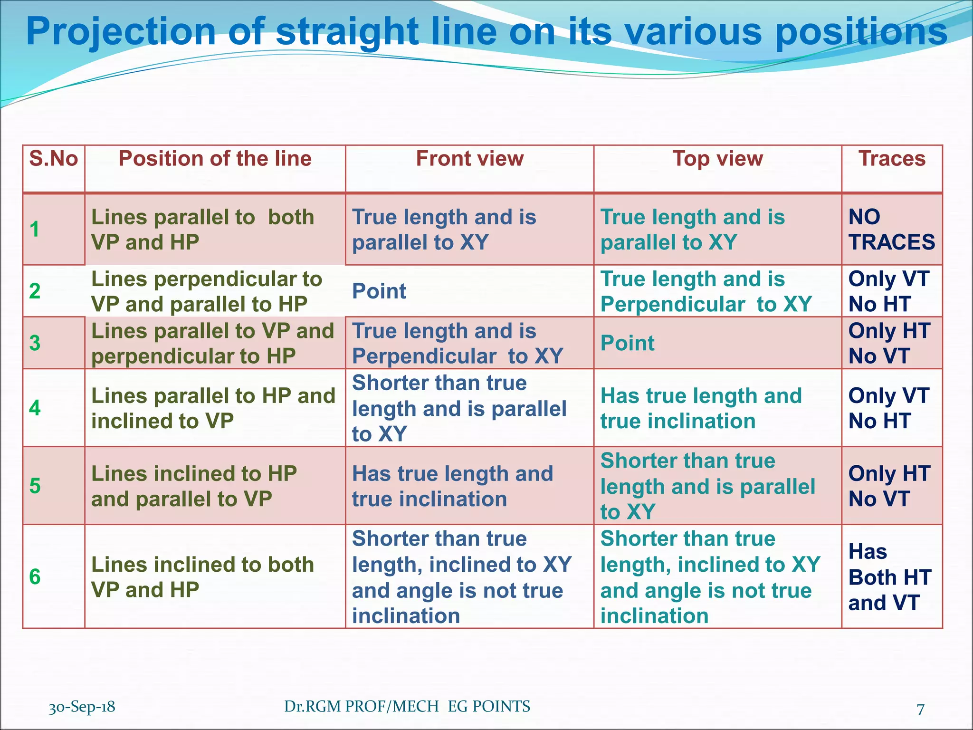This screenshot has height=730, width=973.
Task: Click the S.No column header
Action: (53, 159)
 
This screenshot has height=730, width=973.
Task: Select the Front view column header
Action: (469, 159)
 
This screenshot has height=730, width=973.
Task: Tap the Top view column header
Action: (717, 159)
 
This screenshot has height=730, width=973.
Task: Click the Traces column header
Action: (892, 159)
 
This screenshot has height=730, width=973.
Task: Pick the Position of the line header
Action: (215, 159)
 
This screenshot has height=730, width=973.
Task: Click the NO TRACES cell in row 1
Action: (891, 230)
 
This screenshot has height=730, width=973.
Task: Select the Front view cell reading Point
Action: (379, 291)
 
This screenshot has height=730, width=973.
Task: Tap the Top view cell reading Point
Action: (627, 343)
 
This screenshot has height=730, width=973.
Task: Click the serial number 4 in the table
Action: (35, 408)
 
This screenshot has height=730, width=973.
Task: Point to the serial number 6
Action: (35, 577)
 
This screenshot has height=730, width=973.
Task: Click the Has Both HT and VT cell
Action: (889, 577)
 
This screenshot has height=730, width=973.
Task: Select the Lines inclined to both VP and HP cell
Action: (202, 577)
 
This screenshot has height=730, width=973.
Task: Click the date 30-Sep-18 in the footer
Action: (82, 707)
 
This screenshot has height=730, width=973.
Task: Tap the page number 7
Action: (920, 709)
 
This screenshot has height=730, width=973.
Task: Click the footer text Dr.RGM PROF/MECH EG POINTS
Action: (407, 707)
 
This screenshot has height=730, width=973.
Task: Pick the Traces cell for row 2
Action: (888, 291)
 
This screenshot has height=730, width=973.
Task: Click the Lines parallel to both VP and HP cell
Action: (202, 230)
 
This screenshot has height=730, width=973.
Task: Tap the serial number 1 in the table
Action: (35, 230)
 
